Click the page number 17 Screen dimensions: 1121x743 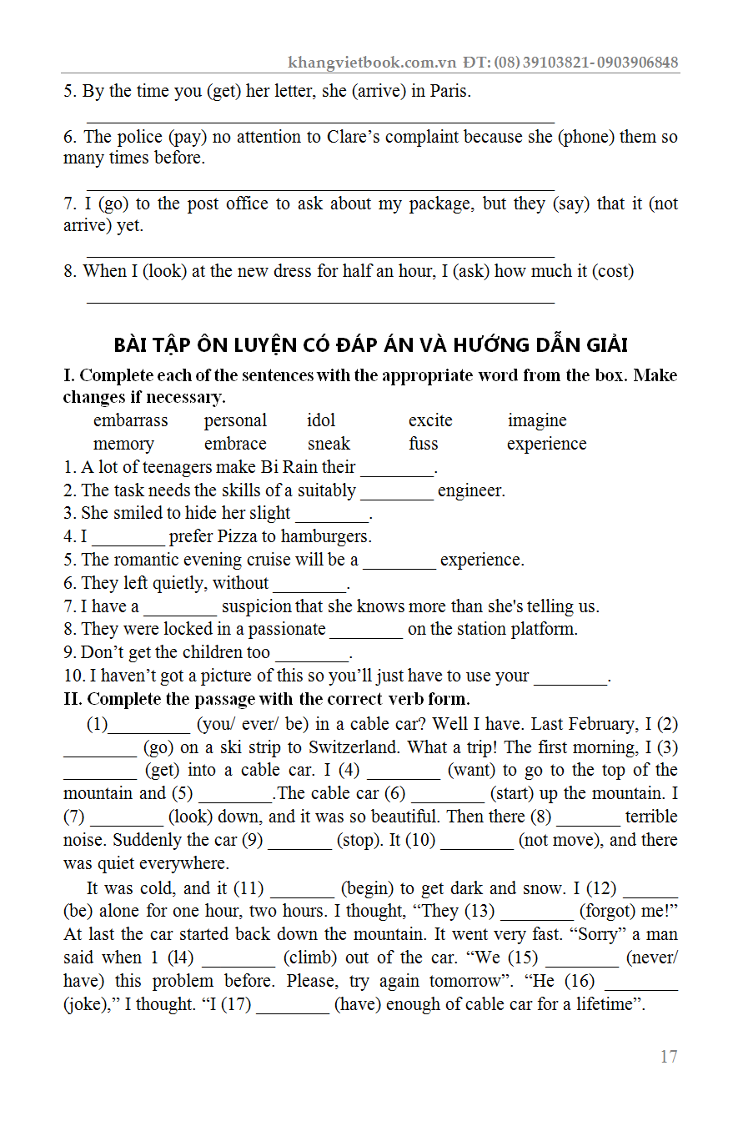(x=669, y=1057)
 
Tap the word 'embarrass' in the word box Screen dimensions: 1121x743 (x=130, y=420)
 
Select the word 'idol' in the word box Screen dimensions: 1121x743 (x=321, y=420)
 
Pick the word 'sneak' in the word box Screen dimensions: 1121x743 (x=329, y=444)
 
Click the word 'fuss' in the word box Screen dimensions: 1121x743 (x=423, y=444)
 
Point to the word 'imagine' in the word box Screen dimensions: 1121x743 (x=537, y=420)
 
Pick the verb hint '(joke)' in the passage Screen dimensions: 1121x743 (x=90, y=1004)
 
